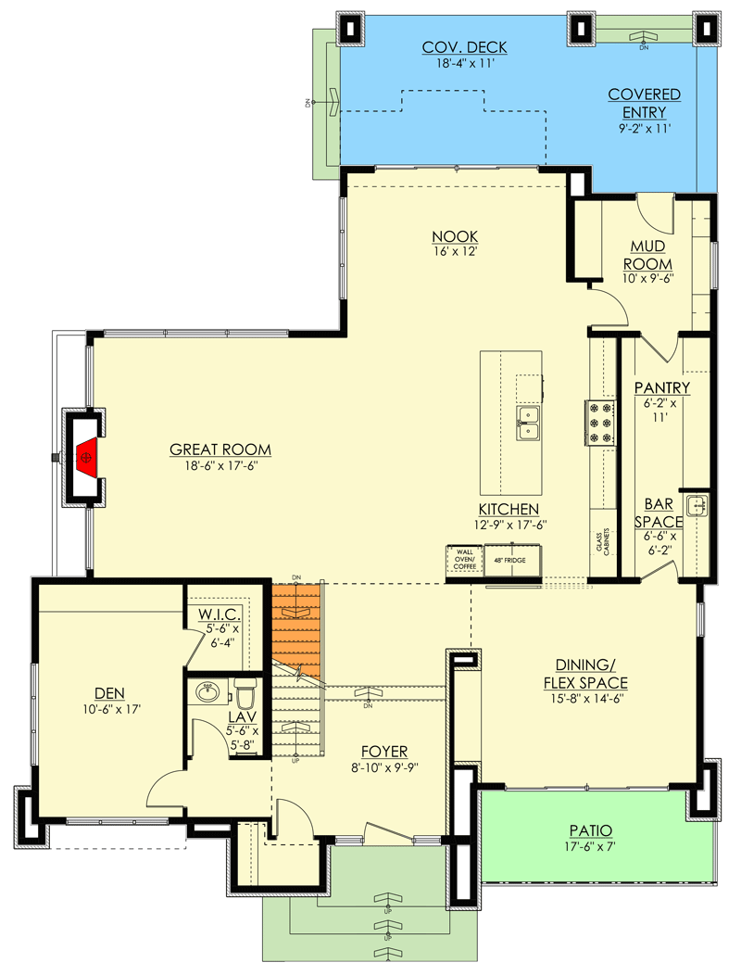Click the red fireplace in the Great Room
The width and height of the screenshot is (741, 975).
pyautogui.click(x=86, y=455)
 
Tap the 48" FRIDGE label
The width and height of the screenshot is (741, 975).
pyautogui.click(x=509, y=561)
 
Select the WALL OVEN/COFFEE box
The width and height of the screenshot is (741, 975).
pyautogui.click(x=464, y=560)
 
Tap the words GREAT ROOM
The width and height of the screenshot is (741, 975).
pyautogui.click(x=213, y=450)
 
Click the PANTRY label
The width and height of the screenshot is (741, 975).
pyautogui.click(x=661, y=386)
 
